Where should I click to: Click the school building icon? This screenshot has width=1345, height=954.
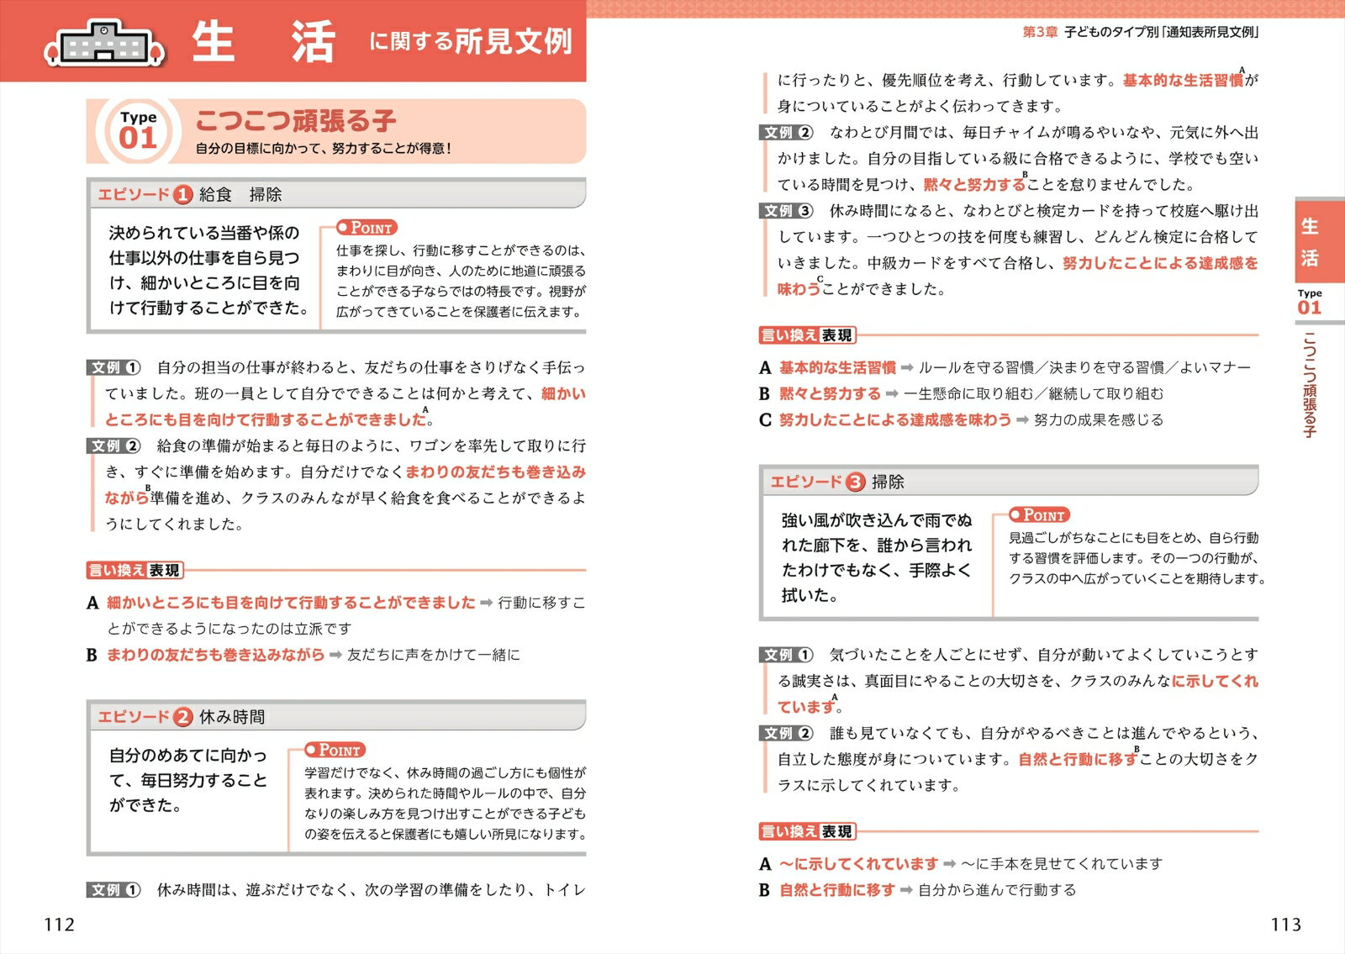[x=104, y=42]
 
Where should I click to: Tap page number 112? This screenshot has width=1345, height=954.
[x=59, y=925]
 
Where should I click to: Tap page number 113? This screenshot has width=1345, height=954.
[x=1285, y=925]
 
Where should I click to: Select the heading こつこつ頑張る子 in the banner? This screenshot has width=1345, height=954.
[x=296, y=121]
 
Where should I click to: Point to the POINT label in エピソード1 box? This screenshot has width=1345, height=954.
[x=367, y=228]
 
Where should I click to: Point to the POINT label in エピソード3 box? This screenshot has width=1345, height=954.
[x=1039, y=515]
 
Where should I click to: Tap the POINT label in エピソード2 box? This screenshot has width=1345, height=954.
[x=335, y=750]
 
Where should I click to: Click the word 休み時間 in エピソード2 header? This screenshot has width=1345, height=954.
[x=232, y=717]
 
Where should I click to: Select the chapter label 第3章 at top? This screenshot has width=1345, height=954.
[x=1040, y=32]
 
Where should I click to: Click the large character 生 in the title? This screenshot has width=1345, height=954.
[x=214, y=41]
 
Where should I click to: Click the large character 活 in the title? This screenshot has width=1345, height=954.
[x=313, y=41]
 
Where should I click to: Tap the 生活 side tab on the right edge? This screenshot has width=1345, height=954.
[x=1310, y=241]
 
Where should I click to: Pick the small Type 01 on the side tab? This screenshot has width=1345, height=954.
[x=1310, y=303]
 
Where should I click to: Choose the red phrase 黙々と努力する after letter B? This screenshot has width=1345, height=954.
[x=830, y=393]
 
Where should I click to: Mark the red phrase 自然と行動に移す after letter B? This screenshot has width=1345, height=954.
[x=837, y=889]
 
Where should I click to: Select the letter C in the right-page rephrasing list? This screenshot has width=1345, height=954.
[x=765, y=419]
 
